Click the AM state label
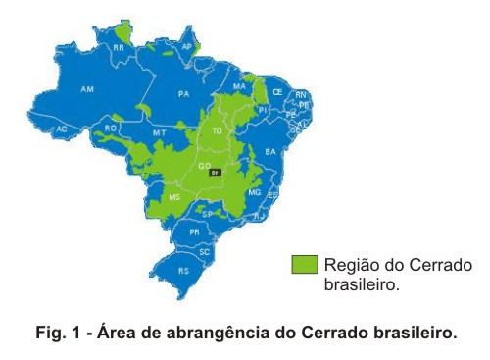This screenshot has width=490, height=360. pos(87,89)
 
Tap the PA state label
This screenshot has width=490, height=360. pos(183,94)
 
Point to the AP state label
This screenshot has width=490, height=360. pos(187,46)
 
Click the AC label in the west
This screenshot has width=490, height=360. pos(62,129)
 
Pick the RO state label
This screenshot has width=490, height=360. pos(111,128)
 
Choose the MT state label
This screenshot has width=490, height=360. pos(159,132)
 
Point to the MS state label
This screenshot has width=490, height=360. pos(174,197)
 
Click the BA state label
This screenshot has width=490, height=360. pos(270,152)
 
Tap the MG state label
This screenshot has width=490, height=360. pos(255,193)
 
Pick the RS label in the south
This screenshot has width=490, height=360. pos(182,270)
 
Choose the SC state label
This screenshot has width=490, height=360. pos(205,252)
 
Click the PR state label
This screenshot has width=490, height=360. pos(194,232)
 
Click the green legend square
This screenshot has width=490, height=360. pos(305,263)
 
